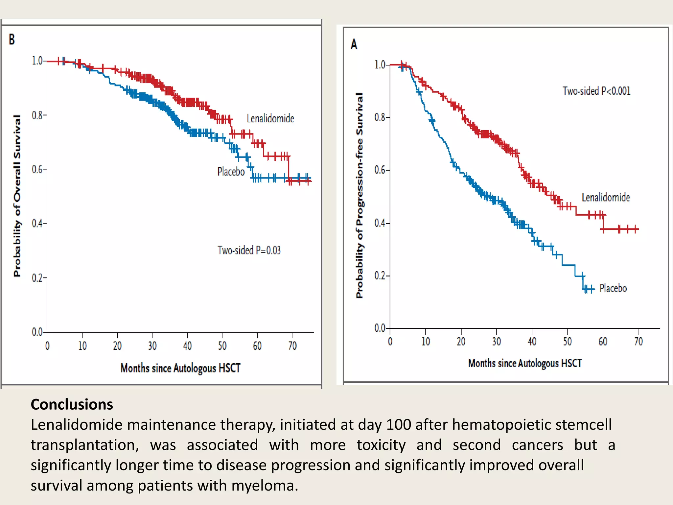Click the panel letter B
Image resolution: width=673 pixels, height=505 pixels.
point(12,39)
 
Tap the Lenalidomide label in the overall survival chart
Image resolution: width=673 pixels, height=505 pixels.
point(270,118)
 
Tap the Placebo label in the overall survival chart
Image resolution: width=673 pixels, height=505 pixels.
point(231,172)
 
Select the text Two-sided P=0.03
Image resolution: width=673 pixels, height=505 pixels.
point(249,251)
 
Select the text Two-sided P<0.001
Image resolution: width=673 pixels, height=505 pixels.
point(596,91)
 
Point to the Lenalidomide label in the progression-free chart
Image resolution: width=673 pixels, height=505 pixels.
point(606,198)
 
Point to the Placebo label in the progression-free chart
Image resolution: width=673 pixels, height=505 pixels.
point(613,288)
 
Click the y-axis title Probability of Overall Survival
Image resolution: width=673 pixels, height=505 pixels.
point(17,196)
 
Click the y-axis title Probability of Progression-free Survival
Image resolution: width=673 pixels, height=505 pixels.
point(360,196)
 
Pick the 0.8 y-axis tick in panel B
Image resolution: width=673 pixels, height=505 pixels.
point(37,115)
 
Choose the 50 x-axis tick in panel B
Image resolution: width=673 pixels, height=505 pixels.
point(222,346)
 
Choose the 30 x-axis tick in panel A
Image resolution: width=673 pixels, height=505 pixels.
point(496,342)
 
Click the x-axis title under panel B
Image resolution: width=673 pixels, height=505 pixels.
point(180,368)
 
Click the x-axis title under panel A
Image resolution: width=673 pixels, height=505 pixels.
point(525,363)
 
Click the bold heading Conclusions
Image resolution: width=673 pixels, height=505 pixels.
point(72,404)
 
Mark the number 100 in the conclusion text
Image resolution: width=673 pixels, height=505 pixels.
point(398,425)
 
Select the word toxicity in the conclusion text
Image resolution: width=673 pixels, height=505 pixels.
point(381,445)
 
